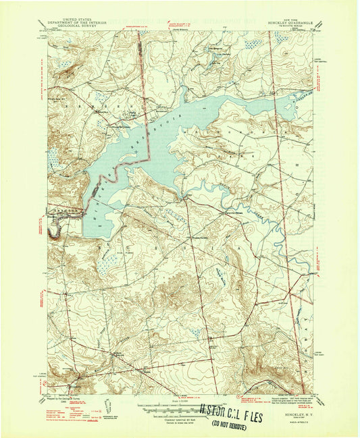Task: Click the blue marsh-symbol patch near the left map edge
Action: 53,159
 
